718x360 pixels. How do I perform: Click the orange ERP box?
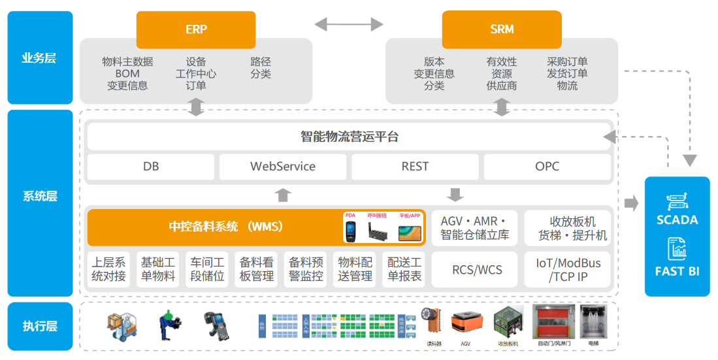[196, 29]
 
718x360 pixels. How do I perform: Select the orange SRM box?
[502, 29]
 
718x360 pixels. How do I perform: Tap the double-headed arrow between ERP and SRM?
[349, 25]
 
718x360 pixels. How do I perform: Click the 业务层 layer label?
[40, 57]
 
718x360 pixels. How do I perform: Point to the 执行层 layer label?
[40, 326]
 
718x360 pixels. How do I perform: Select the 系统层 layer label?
[40, 196]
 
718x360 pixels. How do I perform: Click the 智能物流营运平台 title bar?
[349, 137]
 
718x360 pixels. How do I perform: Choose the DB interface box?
[151, 167]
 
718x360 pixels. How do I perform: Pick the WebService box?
[283, 167]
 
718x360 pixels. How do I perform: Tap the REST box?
[415, 167]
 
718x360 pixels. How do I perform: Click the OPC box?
[547, 167]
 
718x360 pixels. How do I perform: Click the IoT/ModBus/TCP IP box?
[568, 269]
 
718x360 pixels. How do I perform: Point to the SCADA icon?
[677, 201]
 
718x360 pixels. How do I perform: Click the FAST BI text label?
[677, 271]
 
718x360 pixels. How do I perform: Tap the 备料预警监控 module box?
[306, 269]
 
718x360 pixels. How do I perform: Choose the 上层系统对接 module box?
[109, 269]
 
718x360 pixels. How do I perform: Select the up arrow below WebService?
[283, 195]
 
